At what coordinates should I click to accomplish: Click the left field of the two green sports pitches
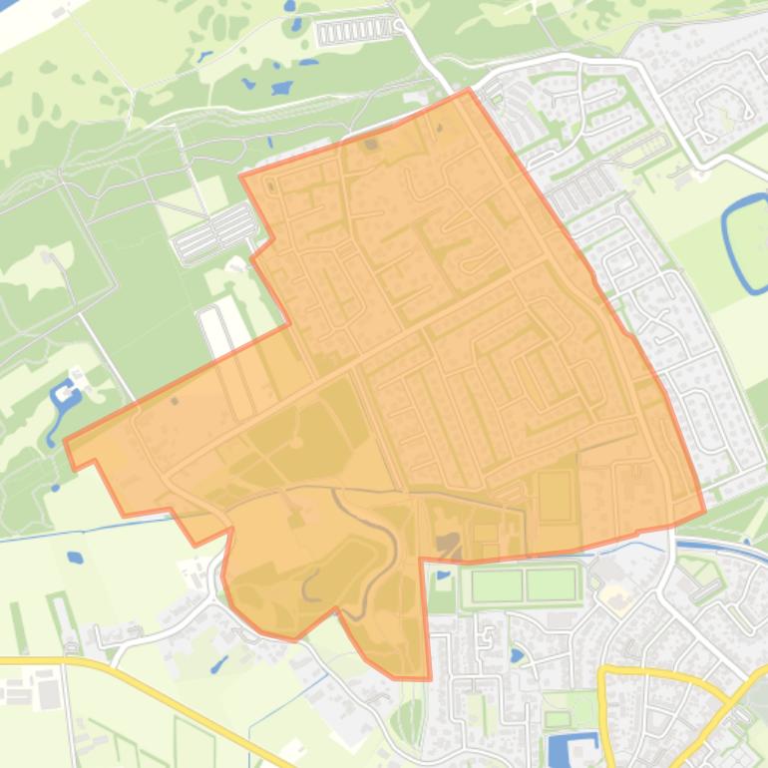coord(497,584)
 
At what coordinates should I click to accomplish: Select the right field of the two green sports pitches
coord(551,584)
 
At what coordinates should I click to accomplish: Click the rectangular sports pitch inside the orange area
coord(555,496)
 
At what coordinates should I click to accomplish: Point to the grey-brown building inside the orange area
coord(447,544)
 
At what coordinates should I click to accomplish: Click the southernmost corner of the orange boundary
coord(429,679)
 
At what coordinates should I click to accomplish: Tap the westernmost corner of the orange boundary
coord(66,440)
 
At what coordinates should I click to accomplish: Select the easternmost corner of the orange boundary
coord(704,512)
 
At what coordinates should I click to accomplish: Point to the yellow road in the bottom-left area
coord(150,688)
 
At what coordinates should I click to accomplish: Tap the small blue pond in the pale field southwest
coord(75,558)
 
